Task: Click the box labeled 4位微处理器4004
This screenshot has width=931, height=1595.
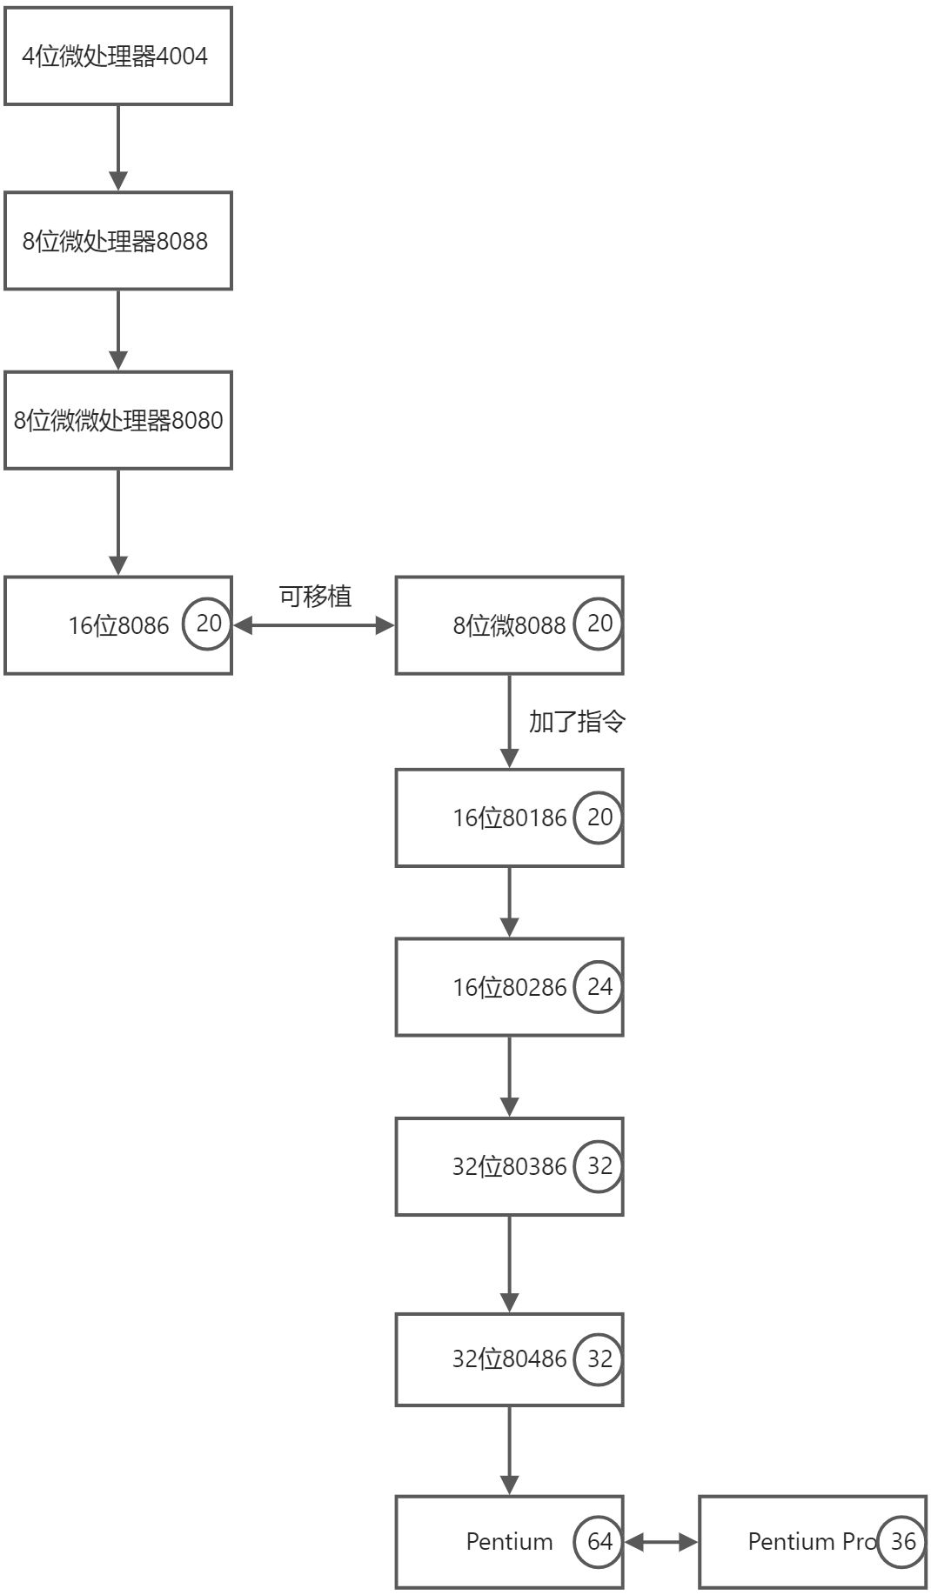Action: [x=117, y=57]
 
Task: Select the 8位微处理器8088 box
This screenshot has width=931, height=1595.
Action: [x=117, y=241]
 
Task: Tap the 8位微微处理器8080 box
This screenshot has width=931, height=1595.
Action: [x=117, y=420]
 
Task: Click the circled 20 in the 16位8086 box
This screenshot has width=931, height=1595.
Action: [x=208, y=624]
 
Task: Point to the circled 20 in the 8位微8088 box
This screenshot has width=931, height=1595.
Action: [x=599, y=624]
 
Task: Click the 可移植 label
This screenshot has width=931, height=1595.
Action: [x=315, y=597]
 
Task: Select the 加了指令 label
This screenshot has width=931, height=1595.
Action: [x=577, y=721]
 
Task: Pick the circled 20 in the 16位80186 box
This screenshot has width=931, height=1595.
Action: [x=599, y=818]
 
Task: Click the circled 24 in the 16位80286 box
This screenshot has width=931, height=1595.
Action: [x=599, y=986]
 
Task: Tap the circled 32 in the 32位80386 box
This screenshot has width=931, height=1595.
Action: [x=599, y=1166]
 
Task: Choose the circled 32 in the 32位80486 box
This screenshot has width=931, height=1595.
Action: [x=599, y=1358]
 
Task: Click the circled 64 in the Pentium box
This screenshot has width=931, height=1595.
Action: [x=599, y=1541]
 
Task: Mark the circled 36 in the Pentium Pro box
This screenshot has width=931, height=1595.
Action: [x=902, y=1541]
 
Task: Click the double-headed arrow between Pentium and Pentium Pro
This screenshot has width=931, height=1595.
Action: [x=661, y=1542]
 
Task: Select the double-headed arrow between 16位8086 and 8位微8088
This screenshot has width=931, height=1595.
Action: [x=314, y=625]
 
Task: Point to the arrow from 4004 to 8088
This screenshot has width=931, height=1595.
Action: [x=118, y=148]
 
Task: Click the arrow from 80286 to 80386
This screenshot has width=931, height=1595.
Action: [x=510, y=1076]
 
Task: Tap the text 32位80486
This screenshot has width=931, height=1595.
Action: [x=509, y=1358]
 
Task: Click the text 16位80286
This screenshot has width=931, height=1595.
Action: [x=509, y=987]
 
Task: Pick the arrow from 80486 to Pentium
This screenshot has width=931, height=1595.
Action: [x=510, y=1450]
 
